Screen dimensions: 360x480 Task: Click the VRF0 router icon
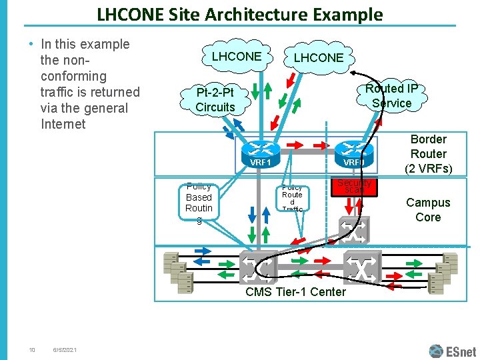tap(353, 152)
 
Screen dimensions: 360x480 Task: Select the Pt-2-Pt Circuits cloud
tap(215, 99)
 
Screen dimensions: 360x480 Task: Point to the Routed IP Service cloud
tap(391, 95)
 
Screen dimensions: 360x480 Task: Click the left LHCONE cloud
tap(236, 57)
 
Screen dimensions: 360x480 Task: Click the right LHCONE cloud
tap(319, 59)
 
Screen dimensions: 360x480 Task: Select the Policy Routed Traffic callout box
tap(292, 198)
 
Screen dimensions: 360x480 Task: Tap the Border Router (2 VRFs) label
tap(428, 153)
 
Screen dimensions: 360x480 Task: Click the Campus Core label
tap(428, 210)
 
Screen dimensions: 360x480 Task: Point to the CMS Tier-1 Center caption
tap(295, 292)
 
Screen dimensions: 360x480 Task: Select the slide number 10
tap(31, 351)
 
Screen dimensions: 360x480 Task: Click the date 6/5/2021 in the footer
tap(65, 351)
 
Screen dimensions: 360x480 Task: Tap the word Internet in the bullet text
tap(63, 124)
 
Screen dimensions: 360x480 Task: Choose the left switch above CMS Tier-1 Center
tap(258, 266)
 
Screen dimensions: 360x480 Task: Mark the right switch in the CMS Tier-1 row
tap(362, 267)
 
